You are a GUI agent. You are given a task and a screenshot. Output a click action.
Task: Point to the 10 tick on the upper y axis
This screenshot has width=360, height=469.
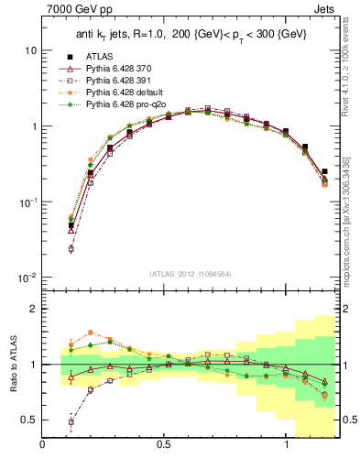pyautogui.click(x=31, y=50)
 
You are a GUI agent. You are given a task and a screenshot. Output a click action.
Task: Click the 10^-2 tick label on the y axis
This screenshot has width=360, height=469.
pyautogui.click(x=28, y=278)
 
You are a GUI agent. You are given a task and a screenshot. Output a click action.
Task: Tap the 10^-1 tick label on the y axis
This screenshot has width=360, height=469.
pyautogui.click(x=28, y=202)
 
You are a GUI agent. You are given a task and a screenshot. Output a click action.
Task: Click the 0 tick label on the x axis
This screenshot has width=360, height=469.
pyautogui.click(x=42, y=446)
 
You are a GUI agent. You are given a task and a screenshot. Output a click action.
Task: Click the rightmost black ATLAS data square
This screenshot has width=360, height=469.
pyautogui.click(x=325, y=171)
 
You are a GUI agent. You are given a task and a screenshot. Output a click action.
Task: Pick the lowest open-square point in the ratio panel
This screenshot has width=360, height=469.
pyautogui.click(x=71, y=422)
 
